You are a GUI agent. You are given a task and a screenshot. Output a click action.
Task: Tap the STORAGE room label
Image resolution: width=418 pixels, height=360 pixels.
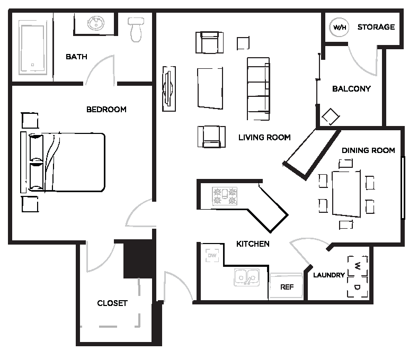(376, 27)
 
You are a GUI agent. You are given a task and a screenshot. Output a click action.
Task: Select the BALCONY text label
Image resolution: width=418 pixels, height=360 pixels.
(351, 89)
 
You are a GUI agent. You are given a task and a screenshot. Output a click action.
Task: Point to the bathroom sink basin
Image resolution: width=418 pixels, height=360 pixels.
(96, 23)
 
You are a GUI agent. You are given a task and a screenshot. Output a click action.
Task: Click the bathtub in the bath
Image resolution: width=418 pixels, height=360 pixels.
(33, 48)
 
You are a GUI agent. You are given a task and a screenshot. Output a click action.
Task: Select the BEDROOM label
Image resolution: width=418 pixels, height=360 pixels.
(106, 110)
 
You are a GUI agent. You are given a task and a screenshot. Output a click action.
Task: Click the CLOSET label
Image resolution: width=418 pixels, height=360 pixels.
(112, 303)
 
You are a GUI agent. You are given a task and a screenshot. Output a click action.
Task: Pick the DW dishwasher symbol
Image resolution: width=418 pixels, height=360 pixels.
(212, 256)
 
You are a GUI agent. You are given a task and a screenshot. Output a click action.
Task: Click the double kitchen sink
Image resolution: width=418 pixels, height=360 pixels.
(246, 277)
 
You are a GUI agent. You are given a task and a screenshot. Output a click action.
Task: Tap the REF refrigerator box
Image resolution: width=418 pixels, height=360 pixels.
(286, 287)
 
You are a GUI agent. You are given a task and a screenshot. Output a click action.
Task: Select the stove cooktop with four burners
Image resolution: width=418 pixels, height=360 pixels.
(224, 196)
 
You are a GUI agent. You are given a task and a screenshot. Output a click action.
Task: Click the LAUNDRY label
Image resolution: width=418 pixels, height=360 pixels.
(329, 275)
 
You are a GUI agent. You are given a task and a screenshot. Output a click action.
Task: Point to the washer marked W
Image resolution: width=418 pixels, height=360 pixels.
(358, 264)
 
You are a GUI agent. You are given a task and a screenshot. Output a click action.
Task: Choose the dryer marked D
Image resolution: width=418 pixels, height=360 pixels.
(358, 287)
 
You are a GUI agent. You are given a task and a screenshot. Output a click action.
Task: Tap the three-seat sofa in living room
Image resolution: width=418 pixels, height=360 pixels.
(258, 88)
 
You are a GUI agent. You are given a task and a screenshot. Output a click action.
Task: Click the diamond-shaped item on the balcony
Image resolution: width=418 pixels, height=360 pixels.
(330, 117)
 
